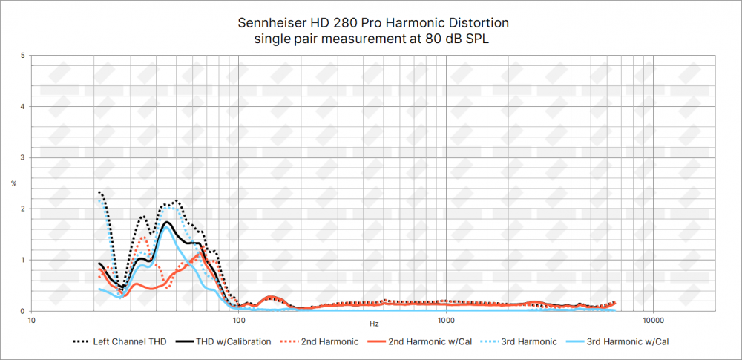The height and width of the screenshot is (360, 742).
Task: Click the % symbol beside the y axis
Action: click(x=13, y=183)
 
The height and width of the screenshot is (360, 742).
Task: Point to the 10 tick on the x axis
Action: click(x=32, y=321)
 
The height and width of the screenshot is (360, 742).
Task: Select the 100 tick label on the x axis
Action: click(x=239, y=321)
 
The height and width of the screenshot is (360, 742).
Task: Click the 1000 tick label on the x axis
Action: click(x=446, y=321)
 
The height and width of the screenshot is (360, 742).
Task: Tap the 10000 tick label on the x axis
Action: click(x=653, y=321)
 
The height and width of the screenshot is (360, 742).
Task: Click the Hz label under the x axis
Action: click(x=373, y=324)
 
